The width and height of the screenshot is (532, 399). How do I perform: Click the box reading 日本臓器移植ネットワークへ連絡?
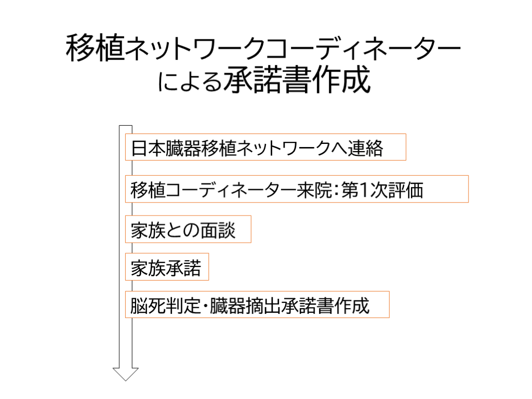pyautogui.click(x=265, y=149)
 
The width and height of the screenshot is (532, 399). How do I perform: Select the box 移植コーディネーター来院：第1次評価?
pyautogui.click(x=297, y=189)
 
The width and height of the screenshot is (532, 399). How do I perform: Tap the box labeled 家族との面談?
pyautogui.click(x=188, y=229)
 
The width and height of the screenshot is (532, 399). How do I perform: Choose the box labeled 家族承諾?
pyautogui.click(x=167, y=268)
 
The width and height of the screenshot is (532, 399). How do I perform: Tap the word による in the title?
pyautogui.click(x=190, y=82)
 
